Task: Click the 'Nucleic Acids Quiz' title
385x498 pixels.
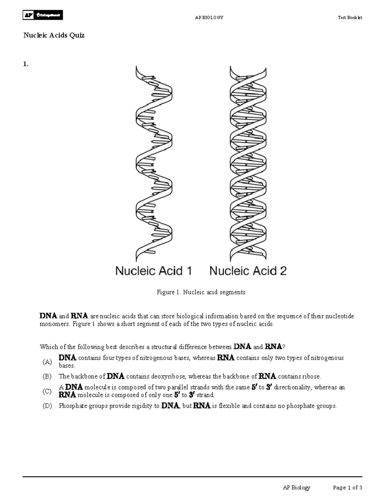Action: click(54, 35)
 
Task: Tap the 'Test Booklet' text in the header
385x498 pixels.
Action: click(350, 18)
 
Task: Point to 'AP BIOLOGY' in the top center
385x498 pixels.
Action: click(209, 18)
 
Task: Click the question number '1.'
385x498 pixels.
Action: click(26, 64)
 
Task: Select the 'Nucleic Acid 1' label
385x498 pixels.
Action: click(153, 271)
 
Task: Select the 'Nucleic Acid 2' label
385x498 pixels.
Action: click(248, 271)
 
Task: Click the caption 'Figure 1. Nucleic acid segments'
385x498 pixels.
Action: click(201, 292)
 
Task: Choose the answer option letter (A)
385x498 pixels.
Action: click(47, 362)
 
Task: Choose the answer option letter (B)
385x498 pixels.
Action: click(47, 376)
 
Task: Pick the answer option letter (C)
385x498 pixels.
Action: click(47, 391)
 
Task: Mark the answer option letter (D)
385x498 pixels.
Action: click(47, 406)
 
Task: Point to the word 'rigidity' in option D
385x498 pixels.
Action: click(142, 406)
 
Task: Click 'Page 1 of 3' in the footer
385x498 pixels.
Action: click(347, 488)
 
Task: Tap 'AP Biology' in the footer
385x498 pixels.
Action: click(296, 488)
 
